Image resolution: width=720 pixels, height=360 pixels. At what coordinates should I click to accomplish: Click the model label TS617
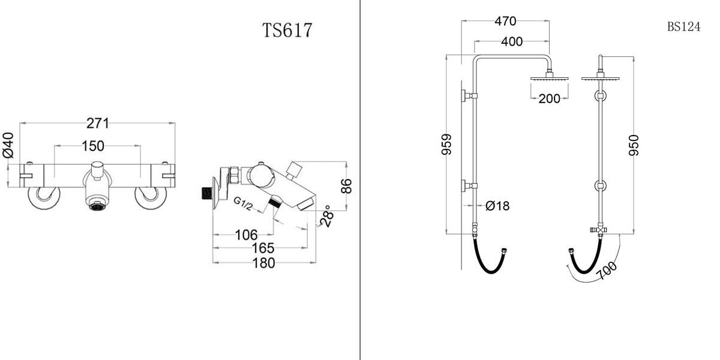click(287, 30)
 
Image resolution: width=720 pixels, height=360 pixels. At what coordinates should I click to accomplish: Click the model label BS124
click(683, 28)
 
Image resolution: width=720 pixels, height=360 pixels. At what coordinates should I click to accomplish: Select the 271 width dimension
click(98, 124)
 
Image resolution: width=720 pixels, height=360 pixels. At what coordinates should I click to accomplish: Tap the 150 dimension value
click(93, 146)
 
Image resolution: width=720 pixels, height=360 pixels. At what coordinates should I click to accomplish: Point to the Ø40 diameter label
click(8, 145)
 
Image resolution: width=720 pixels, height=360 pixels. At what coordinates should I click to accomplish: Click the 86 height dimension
click(346, 186)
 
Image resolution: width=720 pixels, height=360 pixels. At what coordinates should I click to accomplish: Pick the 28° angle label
click(326, 217)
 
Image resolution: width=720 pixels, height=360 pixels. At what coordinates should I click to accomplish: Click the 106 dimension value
click(246, 235)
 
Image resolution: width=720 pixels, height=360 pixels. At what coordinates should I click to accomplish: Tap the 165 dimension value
click(263, 248)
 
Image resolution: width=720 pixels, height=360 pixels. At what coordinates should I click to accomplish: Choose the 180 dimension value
click(263, 263)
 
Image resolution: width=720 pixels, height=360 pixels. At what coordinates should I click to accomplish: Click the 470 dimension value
click(505, 22)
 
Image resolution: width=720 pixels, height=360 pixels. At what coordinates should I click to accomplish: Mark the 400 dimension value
click(511, 41)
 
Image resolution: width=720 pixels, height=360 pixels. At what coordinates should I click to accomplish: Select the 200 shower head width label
click(549, 99)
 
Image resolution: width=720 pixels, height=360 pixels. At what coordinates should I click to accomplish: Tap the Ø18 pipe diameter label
click(497, 206)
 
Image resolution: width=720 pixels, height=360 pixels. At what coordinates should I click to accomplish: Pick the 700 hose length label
click(608, 271)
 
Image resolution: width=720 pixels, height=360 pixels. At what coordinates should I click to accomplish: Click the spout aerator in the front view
click(96, 207)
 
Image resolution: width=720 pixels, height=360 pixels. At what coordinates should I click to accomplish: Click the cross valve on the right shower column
click(599, 230)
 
